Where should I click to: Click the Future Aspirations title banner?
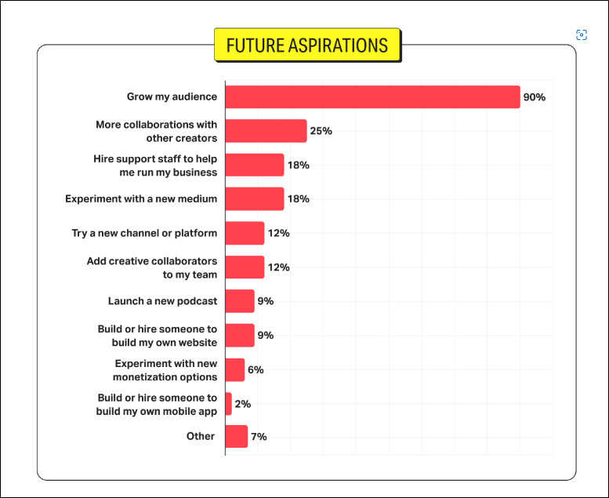307,45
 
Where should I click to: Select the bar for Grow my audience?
372,96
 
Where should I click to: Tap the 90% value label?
534,97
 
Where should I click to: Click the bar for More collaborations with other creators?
266,131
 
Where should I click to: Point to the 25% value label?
321,131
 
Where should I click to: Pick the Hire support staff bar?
254,165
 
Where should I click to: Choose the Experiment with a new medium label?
141,199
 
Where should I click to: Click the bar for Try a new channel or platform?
245,233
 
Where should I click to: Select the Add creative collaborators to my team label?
152,267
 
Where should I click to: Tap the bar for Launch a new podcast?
240,301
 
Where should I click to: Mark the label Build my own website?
158,336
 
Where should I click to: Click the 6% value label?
256,369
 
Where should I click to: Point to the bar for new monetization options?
234,369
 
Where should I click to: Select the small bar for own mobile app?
228,404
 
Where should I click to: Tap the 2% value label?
242,404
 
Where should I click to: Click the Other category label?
201,436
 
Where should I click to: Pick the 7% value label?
259,436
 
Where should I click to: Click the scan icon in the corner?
582,35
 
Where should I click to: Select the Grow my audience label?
172,97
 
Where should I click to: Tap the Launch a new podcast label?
162,301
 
